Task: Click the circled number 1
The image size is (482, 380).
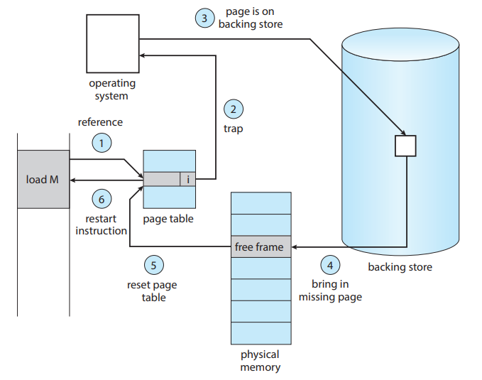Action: (102, 143)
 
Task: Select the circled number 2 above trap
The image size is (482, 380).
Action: (233, 109)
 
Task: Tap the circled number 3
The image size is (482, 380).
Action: (204, 18)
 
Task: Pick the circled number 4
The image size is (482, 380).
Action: (329, 266)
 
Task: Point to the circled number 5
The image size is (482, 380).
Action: (153, 266)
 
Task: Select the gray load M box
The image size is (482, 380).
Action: (43, 179)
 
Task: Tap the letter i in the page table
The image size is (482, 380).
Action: (187, 180)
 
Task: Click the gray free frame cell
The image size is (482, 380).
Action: (261, 247)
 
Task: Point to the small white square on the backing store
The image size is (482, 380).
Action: (405, 146)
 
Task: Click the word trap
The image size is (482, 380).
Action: (233, 129)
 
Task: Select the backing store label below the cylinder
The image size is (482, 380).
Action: (400, 267)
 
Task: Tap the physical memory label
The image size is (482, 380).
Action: (260, 360)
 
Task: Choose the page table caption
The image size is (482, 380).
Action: (168, 219)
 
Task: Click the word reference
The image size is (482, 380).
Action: (100, 122)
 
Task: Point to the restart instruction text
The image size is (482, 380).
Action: (102, 224)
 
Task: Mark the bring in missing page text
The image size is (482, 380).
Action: (330, 291)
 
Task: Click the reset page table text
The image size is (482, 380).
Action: (153, 291)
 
